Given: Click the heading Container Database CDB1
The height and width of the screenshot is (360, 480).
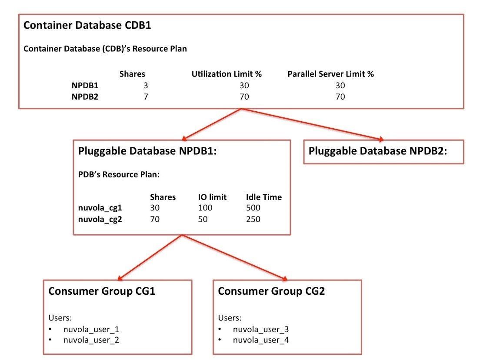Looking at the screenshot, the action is pyautogui.click(x=87, y=25).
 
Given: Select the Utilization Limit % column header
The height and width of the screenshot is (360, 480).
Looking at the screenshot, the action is pyautogui.click(x=227, y=74).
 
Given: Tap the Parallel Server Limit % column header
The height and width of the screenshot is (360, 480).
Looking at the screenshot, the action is pyautogui.click(x=330, y=74).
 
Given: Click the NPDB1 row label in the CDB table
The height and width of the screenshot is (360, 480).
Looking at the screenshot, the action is pyautogui.click(x=85, y=85).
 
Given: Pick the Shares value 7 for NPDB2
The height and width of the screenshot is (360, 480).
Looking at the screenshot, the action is pyautogui.click(x=146, y=97).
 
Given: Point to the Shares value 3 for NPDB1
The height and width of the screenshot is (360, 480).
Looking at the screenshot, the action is pyautogui.click(x=146, y=85).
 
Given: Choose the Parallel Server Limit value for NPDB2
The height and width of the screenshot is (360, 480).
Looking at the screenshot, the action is pyautogui.click(x=340, y=97).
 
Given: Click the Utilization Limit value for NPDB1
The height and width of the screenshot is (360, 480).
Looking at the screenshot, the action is pyautogui.click(x=244, y=85).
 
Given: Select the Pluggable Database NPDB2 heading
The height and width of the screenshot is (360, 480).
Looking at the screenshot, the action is pyautogui.click(x=378, y=151).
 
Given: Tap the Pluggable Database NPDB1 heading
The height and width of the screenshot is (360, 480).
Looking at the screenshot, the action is pyautogui.click(x=147, y=151).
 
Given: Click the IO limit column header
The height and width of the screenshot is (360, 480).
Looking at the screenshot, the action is pyautogui.click(x=212, y=197).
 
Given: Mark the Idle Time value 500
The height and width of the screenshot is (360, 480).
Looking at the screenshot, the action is pyautogui.click(x=253, y=208).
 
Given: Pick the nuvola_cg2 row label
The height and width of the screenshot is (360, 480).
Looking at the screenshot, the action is pyautogui.click(x=100, y=220).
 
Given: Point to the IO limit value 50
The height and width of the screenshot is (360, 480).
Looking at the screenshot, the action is pyautogui.click(x=203, y=219).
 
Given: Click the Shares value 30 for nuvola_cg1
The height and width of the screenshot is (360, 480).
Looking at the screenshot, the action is pyautogui.click(x=155, y=208).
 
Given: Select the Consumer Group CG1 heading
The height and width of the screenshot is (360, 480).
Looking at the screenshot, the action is pyautogui.click(x=102, y=291).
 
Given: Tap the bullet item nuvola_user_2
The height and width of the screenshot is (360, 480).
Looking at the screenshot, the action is pyautogui.click(x=91, y=340).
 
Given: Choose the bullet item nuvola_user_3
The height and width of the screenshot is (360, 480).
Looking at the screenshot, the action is pyautogui.click(x=261, y=330).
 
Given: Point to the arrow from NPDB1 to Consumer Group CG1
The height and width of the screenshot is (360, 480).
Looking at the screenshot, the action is pyautogui.click(x=150, y=257).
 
